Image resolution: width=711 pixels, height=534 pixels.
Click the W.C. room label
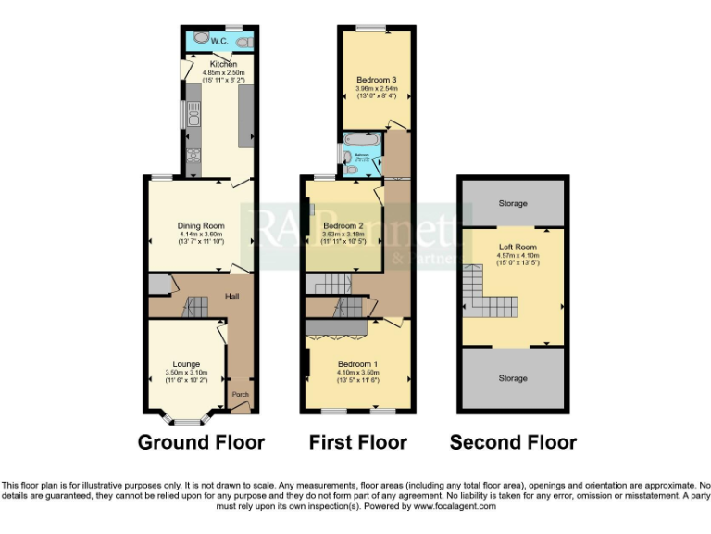tap(219, 42)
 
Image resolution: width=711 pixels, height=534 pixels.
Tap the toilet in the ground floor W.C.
tap(243, 42)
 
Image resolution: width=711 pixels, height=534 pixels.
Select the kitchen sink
tap(193, 115)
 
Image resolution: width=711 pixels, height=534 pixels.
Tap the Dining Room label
tap(201, 225)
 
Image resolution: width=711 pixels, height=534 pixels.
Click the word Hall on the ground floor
tap(232, 297)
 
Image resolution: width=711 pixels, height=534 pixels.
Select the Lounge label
tap(185, 364)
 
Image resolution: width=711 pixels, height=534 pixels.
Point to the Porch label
tap(240, 395)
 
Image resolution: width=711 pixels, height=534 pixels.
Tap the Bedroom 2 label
tap(343, 225)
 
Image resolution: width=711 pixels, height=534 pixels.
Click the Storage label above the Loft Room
tap(513, 203)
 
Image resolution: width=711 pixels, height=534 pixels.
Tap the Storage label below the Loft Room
tap(513, 378)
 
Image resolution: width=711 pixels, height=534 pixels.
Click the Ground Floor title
tap(201, 442)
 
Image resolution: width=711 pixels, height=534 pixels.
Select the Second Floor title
tap(513, 442)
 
